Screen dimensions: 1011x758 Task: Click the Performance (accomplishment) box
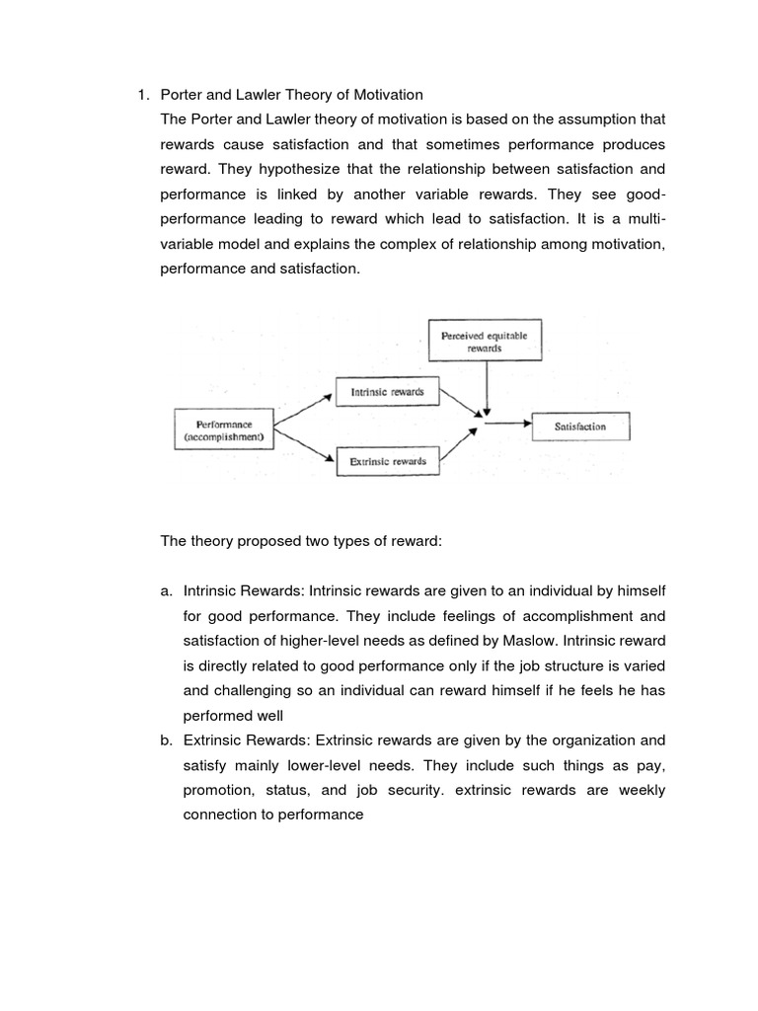pos(224,430)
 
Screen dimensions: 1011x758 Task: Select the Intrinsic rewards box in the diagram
pos(387,392)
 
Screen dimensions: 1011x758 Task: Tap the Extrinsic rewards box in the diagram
pos(387,461)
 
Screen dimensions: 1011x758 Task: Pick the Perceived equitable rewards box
pos(485,342)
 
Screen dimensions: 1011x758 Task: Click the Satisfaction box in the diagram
pos(580,427)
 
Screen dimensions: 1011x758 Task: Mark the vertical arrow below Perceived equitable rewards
pos(485,388)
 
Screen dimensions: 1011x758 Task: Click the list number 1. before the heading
pos(142,95)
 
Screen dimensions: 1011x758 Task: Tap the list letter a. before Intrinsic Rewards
pos(166,590)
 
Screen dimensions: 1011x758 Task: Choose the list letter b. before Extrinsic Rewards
pos(166,740)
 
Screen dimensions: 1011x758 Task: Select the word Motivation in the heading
pos(389,95)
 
